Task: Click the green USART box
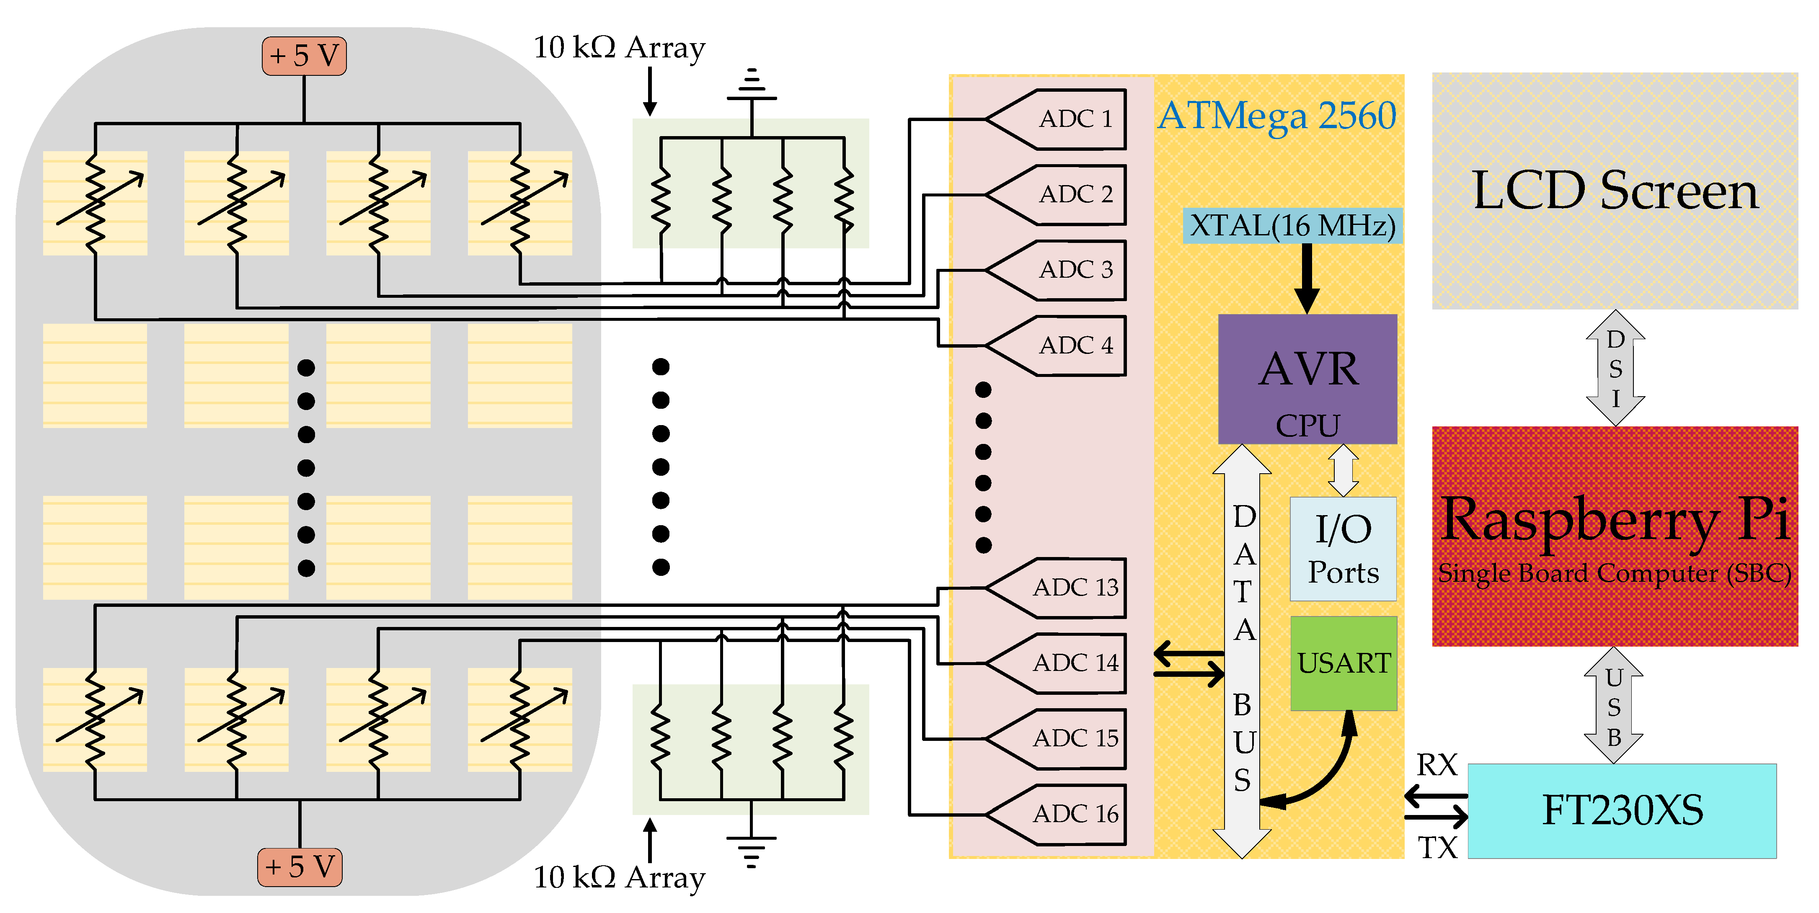1343,663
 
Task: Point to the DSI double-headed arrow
1615,368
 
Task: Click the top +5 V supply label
304,56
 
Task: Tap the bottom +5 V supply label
300,867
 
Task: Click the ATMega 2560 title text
1276,116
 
